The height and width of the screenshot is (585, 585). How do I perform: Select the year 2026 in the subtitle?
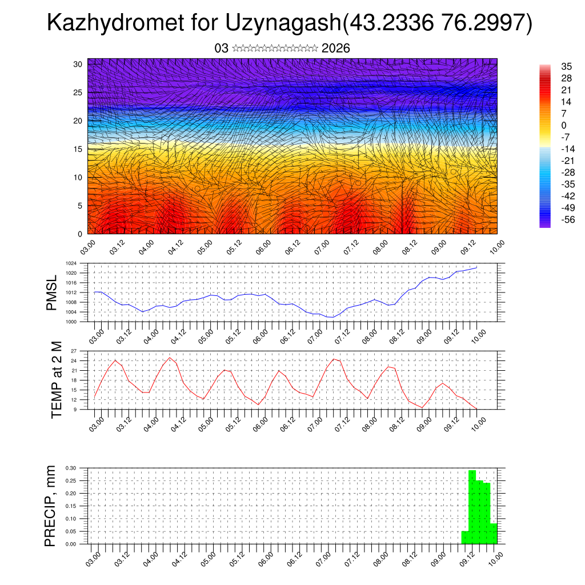pos(335,49)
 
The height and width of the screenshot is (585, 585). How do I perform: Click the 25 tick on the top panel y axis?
pos(78,93)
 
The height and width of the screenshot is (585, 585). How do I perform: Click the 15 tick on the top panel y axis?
pos(78,149)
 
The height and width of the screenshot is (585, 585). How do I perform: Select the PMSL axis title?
pos(52,292)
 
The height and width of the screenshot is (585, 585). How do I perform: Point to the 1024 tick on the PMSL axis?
pos(71,263)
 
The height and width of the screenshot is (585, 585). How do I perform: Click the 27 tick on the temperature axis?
pos(74,351)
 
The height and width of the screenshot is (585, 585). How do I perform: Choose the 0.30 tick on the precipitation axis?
pos(71,468)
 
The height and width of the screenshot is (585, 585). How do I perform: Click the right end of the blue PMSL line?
pos(477,267)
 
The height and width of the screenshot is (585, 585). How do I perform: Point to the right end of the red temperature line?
pos(477,408)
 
